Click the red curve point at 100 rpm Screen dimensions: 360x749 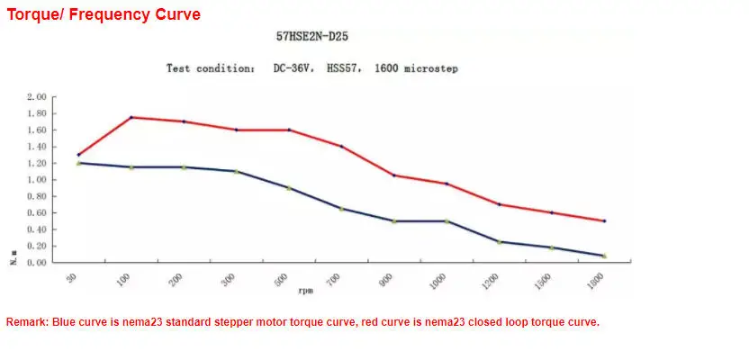(131, 117)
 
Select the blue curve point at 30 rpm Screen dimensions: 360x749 (78, 163)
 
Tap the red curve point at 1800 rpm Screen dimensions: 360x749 (604, 221)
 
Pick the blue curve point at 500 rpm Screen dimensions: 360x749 (289, 188)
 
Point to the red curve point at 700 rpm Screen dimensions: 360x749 (341, 146)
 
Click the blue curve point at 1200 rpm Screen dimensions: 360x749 (499, 242)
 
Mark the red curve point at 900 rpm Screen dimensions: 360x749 (394, 175)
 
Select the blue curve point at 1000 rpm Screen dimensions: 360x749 (447, 221)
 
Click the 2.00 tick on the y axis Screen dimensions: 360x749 (37, 97)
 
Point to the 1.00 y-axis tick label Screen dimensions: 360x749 (37, 180)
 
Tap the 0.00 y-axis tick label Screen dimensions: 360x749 (37, 263)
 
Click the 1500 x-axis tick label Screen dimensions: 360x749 (545, 283)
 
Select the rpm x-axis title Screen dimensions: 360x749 (308, 291)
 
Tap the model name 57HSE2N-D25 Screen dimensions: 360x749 (312, 38)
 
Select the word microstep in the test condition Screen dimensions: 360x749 (429, 68)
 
